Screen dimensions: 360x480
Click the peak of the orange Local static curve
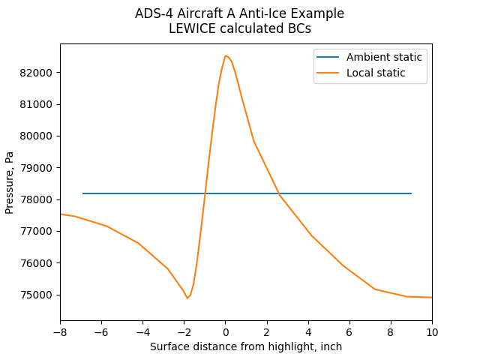(x=225, y=55)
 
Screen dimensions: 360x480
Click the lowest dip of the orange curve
(x=187, y=298)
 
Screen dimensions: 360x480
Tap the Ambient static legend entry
(x=384, y=57)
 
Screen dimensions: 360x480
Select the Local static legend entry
(x=376, y=73)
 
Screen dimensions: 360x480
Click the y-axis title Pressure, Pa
(x=10, y=182)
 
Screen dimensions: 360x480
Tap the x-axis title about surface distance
(x=246, y=346)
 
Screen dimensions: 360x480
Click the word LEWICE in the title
(x=193, y=29)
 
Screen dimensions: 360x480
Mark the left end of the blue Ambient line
(x=83, y=193)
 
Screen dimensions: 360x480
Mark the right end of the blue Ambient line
(x=412, y=193)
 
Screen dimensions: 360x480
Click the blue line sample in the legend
(x=330, y=57)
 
